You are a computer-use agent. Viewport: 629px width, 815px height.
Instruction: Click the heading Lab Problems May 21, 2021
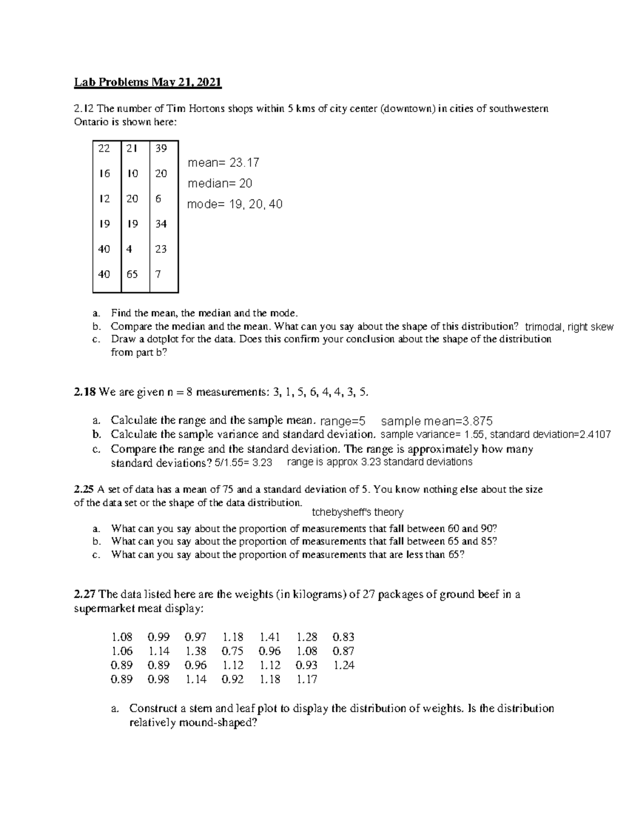[148, 82]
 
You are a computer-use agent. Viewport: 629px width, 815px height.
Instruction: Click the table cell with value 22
[104, 149]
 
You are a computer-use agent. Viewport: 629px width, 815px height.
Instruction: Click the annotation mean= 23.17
[223, 163]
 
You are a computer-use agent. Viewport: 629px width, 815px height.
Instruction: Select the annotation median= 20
[220, 184]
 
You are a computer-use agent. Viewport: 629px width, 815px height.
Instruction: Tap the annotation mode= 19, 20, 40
[235, 204]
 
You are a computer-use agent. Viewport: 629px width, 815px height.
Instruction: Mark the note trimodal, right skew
[569, 327]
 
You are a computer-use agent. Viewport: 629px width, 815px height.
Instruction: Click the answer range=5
[343, 421]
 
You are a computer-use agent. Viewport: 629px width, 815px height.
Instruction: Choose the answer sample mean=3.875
[437, 421]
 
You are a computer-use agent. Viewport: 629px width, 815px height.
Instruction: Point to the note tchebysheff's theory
[357, 512]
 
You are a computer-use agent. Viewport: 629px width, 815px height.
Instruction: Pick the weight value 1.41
[270, 637]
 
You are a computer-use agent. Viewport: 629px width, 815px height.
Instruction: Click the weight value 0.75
[233, 651]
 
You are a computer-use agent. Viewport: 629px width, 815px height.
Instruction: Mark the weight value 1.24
[344, 665]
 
